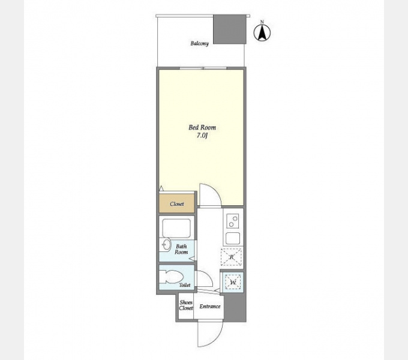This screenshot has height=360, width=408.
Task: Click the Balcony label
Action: tap(200, 43)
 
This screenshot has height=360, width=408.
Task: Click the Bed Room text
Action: tap(202, 127)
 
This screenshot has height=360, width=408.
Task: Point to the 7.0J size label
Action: tap(202, 136)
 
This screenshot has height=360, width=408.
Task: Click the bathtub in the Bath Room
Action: tap(176, 228)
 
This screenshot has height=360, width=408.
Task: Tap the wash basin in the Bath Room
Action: tap(165, 245)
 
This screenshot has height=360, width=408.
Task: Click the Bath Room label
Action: tap(181, 249)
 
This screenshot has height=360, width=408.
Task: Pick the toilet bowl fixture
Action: tap(170, 277)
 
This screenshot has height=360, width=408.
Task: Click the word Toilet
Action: tap(184, 285)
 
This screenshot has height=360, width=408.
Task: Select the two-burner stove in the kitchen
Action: tap(232, 221)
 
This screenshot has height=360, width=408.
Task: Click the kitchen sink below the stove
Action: tap(233, 238)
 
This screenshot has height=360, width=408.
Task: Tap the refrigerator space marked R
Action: tap(232, 257)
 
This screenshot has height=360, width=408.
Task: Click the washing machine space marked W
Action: tap(233, 282)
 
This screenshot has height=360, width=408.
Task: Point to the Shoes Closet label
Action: tap(186, 305)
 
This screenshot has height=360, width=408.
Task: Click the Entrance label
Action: tap(210, 307)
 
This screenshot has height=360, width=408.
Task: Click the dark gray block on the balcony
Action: tap(230, 29)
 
